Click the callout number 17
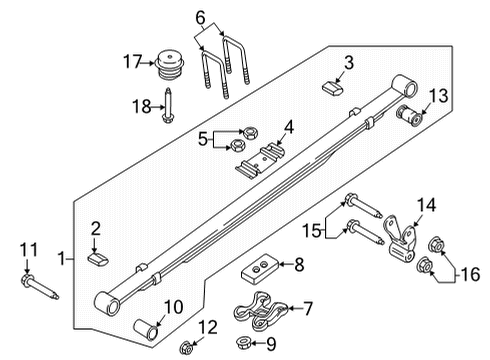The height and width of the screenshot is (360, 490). [130, 63]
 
